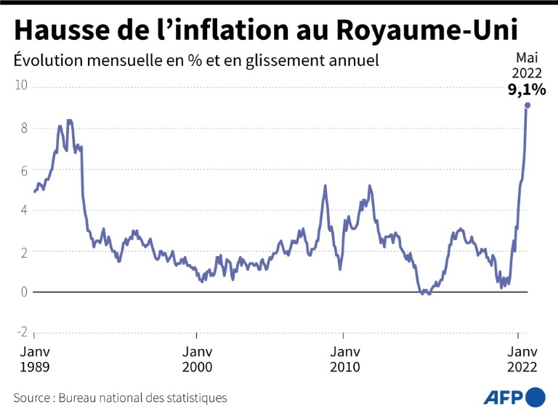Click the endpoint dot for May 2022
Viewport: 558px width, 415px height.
[527, 105]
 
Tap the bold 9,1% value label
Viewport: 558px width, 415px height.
[526, 90]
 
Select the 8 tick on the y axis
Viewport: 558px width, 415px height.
[23, 128]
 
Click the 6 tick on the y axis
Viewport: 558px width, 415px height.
[23, 170]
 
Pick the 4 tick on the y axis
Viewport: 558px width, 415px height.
[23, 210]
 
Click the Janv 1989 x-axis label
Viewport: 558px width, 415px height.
[35, 358]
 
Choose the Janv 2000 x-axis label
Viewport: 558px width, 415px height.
[197, 358]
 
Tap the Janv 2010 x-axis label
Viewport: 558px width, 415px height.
[344, 358]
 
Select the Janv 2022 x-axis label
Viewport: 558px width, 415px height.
[519, 358]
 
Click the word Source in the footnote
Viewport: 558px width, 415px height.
[32, 398]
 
